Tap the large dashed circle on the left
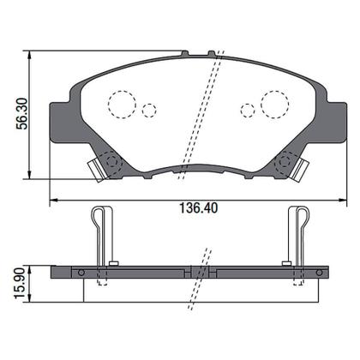(x=122, y=104)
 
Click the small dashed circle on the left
(x=149, y=111)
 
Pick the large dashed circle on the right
(x=275, y=104)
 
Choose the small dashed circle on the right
(x=248, y=111)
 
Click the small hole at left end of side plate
(x=81, y=273)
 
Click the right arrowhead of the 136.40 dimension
(x=340, y=200)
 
